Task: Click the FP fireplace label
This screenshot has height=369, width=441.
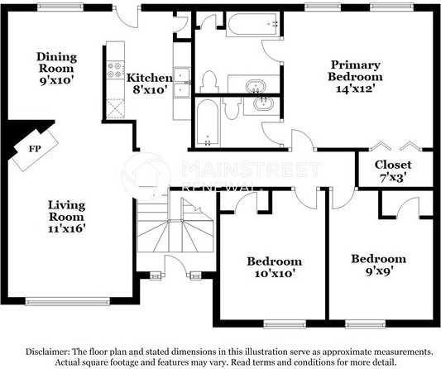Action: click(x=35, y=148)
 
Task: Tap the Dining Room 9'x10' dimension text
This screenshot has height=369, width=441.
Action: click(x=57, y=81)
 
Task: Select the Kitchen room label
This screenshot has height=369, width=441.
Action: click(x=149, y=78)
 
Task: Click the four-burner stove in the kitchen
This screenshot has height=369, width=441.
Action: click(x=116, y=70)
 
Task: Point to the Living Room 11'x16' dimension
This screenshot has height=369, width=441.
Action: click(x=67, y=228)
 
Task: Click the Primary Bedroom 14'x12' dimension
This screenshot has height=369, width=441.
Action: click(x=356, y=89)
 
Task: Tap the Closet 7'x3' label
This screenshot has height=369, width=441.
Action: click(x=393, y=170)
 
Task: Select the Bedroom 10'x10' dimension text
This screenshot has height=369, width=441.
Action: click(x=275, y=273)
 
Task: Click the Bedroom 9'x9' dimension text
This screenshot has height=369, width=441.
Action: click(x=379, y=271)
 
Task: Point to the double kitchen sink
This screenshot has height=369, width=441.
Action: click(x=182, y=82)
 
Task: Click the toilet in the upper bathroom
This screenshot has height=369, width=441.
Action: click(x=209, y=82)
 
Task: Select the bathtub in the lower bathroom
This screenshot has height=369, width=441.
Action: click(x=208, y=122)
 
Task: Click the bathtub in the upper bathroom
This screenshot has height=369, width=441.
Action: click(x=253, y=24)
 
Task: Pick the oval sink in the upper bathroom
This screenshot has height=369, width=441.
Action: click(x=256, y=86)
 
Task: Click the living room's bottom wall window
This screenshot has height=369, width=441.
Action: click(x=68, y=302)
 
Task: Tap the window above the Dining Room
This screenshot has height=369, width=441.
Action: click(x=60, y=7)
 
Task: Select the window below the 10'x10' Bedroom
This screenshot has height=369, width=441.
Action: click(x=285, y=324)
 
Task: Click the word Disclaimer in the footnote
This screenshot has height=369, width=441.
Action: click(x=47, y=352)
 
